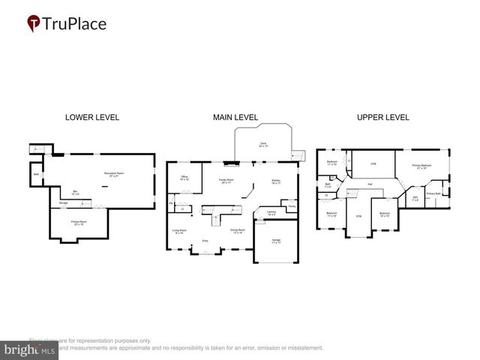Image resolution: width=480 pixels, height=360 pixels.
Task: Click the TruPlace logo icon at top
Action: coord(34,24)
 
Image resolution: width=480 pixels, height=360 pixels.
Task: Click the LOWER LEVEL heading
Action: coord(91,117)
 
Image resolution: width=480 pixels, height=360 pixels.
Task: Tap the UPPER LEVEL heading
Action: coord(382,117)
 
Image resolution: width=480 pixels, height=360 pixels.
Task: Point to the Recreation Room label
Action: coord(115,175)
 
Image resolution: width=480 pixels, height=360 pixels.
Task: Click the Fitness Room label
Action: coord(78,223)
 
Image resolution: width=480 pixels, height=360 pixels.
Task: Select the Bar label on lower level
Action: coord(75,191)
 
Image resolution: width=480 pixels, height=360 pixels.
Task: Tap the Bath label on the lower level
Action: coord(36,175)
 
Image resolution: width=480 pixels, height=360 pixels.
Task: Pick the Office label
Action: coord(184,178)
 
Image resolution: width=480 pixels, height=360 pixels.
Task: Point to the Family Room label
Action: coord(226,181)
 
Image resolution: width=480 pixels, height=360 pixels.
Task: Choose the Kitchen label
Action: coord(275,181)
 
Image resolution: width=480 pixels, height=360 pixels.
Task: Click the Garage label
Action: coord(275,241)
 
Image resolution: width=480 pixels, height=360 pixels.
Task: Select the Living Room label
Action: coord(179,231)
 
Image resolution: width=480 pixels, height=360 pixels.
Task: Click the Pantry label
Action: coord(291,205)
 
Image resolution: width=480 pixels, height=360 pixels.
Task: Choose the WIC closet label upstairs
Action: coord(415,199)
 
